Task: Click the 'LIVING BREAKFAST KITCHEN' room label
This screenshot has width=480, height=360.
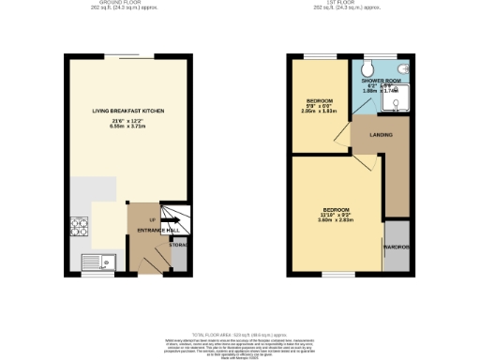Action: tap(128, 111)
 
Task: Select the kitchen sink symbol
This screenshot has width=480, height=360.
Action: tap(96, 262)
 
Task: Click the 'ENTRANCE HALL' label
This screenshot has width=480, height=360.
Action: tap(155, 230)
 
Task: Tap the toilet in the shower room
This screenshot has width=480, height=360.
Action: tap(367, 68)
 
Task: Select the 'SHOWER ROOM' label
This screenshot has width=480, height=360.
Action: tap(381, 81)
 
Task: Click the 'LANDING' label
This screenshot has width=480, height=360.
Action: tap(381, 135)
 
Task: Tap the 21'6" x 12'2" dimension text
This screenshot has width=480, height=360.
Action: tap(128, 121)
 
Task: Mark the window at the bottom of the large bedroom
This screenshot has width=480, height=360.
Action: tap(335, 275)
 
